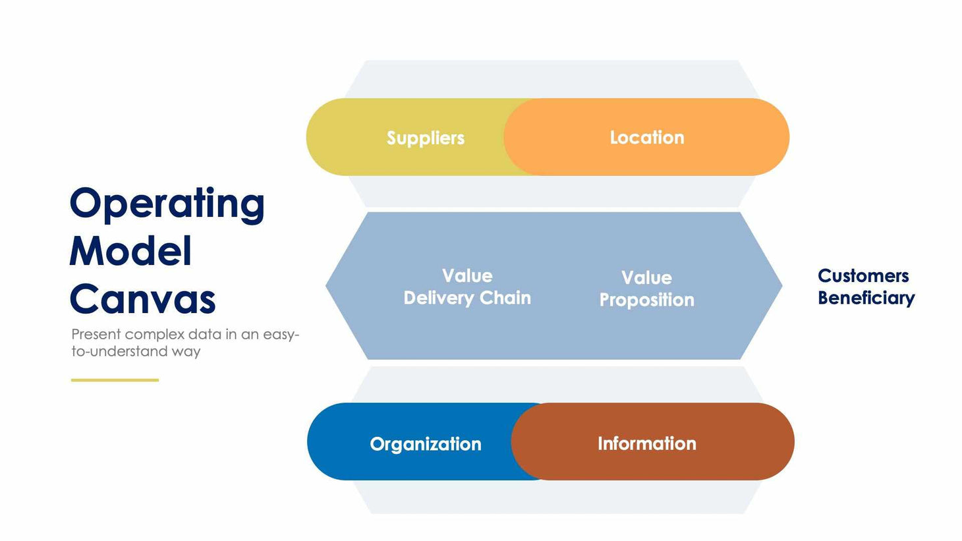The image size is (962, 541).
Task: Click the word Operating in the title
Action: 167,204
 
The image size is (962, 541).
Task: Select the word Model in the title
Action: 130,252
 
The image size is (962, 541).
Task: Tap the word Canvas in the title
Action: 142,300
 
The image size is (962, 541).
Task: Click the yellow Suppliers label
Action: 425,138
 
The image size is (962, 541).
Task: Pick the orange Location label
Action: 646,137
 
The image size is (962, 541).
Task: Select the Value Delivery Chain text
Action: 467,287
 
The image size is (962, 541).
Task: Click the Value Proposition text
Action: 646,289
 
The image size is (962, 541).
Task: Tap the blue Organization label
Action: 425,443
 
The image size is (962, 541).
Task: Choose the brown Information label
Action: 646,443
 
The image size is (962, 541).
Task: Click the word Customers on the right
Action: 863,275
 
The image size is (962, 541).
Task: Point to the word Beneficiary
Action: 866,298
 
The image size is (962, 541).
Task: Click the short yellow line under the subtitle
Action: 115,380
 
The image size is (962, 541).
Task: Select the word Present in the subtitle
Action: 96,334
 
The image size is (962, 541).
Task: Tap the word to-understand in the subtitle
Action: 119,351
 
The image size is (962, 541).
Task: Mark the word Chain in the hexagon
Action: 505,298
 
